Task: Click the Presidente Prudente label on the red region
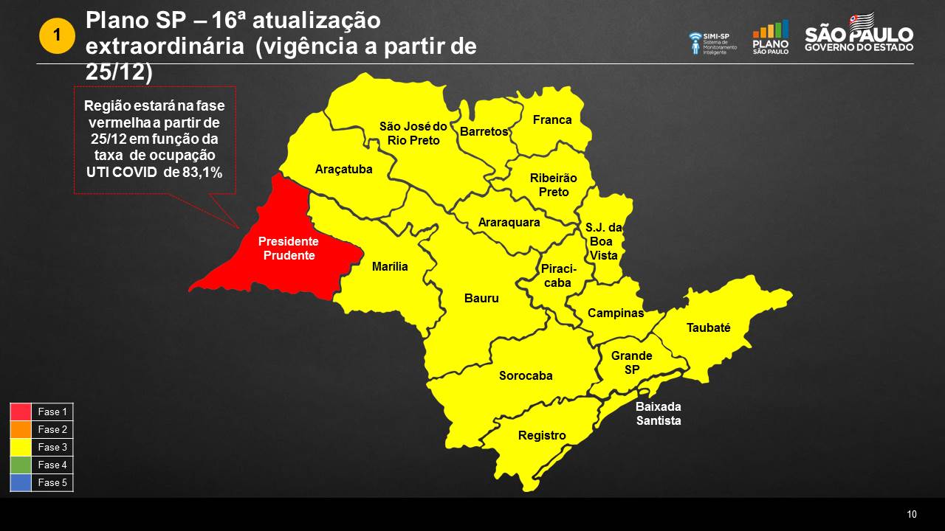(x=288, y=249)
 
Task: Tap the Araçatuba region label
(x=343, y=170)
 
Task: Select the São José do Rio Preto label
(x=413, y=133)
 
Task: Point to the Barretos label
(x=484, y=132)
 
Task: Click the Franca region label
(x=552, y=120)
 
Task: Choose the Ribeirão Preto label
(x=553, y=185)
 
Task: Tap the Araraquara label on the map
(x=509, y=222)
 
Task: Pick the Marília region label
(x=390, y=267)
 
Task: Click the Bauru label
(x=481, y=299)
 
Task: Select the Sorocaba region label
(x=526, y=376)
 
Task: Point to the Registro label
(x=542, y=436)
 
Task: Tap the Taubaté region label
(x=708, y=328)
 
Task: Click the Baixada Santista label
(x=659, y=414)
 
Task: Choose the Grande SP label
(x=631, y=362)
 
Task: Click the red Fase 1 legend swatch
(x=21, y=412)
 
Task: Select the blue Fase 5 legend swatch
(x=21, y=482)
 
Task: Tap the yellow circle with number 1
(x=57, y=35)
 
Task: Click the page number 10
(x=912, y=515)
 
